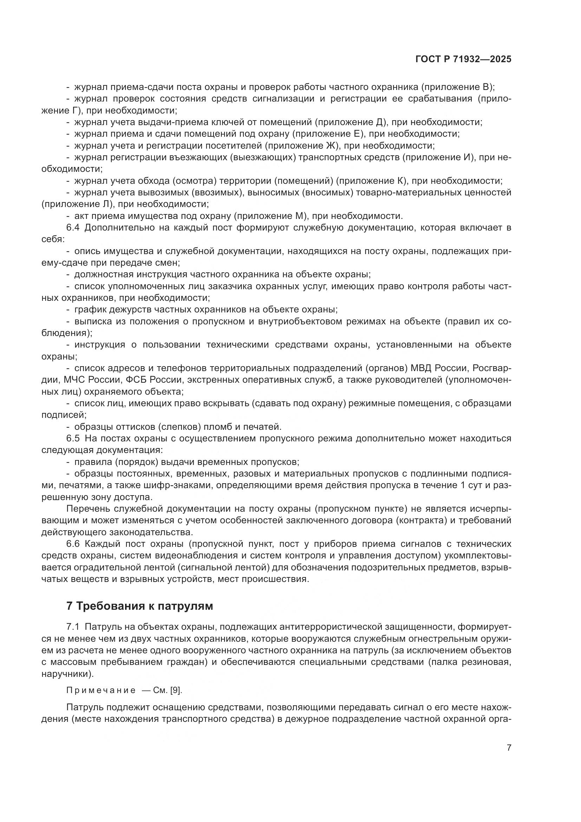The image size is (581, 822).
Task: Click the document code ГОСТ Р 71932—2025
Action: [463, 59]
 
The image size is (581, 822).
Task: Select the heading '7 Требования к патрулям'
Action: [139, 606]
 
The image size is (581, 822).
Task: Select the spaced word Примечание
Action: [101, 691]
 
